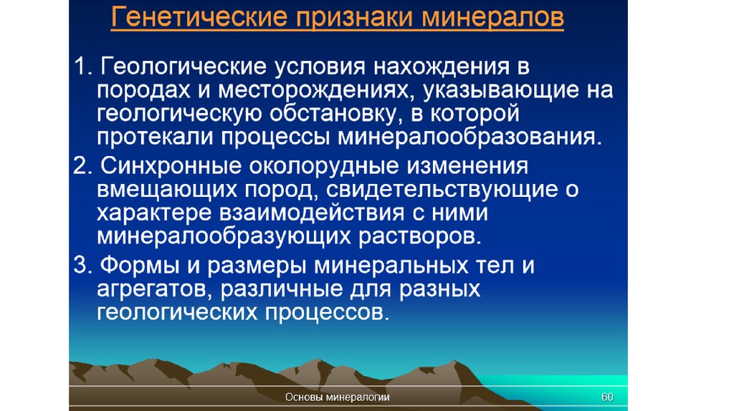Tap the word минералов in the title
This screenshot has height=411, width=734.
tap(492, 18)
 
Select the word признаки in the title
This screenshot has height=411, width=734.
tap(355, 18)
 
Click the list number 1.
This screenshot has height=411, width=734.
tap(83, 67)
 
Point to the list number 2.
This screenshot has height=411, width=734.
tap(83, 166)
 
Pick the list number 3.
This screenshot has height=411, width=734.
tap(83, 265)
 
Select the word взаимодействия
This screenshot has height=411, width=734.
tap(311, 213)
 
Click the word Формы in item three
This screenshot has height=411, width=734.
tap(140, 266)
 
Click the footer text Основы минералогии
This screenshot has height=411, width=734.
tap(338, 397)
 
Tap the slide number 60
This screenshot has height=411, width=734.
tap(607, 397)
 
